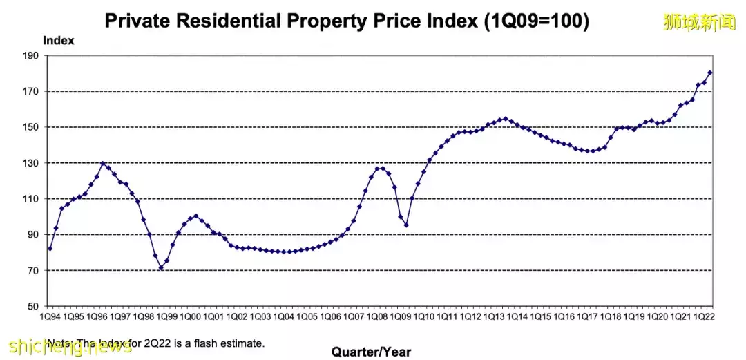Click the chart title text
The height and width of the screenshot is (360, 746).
click(347, 21)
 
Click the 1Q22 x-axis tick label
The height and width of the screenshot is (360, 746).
click(705, 316)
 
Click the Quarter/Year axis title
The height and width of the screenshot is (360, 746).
click(371, 352)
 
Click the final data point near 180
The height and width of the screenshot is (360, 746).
click(710, 73)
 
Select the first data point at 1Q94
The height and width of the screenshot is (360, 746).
click(50, 248)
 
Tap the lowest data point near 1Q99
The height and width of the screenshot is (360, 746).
click(161, 268)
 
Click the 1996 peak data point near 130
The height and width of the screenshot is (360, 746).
click(103, 163)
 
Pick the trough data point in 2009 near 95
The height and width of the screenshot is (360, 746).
click(406, 225)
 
